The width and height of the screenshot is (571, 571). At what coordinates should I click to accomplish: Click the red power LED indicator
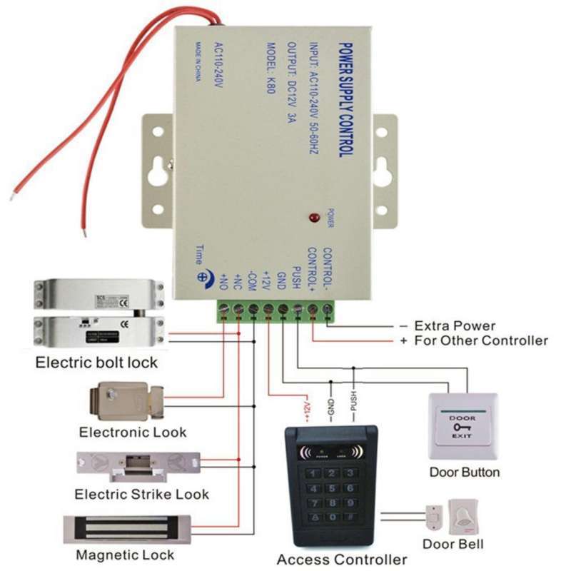[x=312, y=216]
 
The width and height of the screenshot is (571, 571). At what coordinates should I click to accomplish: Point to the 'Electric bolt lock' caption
[x=96, y=363]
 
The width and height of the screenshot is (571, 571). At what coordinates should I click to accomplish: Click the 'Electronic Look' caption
[x=132, y=432]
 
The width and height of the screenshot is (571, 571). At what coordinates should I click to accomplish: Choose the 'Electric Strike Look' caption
[x=142, y=494]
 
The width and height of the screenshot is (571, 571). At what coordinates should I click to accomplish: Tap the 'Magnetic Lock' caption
[x=125, y=555]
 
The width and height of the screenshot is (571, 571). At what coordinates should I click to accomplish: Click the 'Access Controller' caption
[x=342, y=559]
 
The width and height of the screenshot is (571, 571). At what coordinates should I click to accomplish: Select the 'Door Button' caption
[x=464, y=472]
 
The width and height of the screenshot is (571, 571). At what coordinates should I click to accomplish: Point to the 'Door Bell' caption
[x=453, y=544]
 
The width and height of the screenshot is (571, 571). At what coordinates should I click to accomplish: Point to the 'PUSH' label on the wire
[x=353, y=403]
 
